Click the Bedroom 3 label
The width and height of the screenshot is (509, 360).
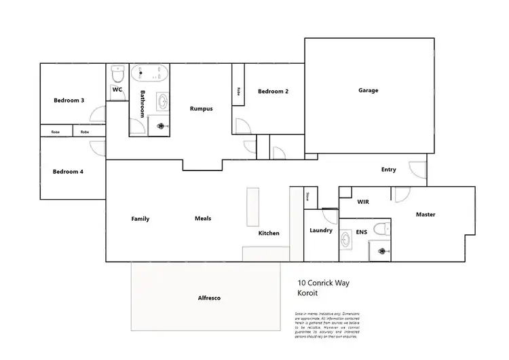pyautogui.click(x=69, y=101)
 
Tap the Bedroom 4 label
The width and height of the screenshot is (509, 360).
pyautogui.click(x=68, y=172)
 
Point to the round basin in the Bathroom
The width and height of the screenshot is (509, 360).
pyautogui.click(x=164, y=102)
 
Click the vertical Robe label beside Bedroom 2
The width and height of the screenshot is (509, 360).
pyautogui.click(x=238, y=91)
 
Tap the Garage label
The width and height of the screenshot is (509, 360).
pyautogui.click(x=368, y=90)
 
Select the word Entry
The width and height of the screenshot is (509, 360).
pyautogui.click(x=388, y=170)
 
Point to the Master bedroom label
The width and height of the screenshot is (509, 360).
pyautogui.click(x=426, y=215)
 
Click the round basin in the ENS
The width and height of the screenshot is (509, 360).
pyautogui.click(x=347, y=238)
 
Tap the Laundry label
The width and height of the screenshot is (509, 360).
pyautogui.click(x=321, y=230)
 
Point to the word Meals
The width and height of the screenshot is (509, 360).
pyautogui.click(x=203, y=219)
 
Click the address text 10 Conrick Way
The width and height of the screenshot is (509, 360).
pyautogui.click(x=326, y=284)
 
